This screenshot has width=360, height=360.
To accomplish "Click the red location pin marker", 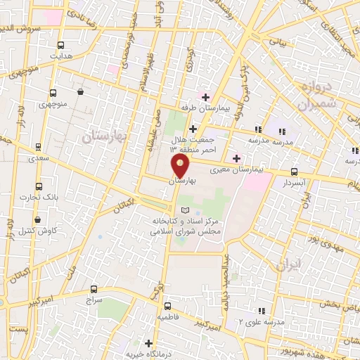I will (181, 165).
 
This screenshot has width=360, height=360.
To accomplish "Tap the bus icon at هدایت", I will (61, 44).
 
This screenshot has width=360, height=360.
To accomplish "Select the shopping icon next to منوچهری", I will (81, 91).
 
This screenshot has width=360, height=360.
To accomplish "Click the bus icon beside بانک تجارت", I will (38, 187).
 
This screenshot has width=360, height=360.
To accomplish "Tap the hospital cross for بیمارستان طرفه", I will (205, 97).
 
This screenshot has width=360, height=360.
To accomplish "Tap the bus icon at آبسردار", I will (294, 172).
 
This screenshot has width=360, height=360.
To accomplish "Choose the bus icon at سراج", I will (94, 289).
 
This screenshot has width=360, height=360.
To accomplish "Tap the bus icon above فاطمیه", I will (167, 306).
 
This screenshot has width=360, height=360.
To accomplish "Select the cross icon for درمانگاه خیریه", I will (148, 343).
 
